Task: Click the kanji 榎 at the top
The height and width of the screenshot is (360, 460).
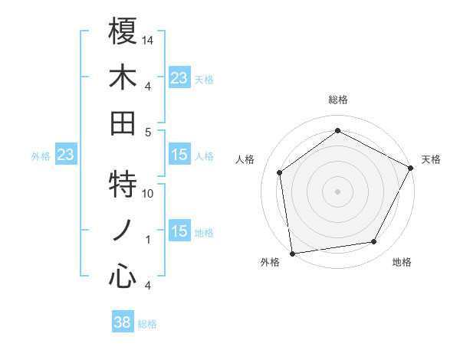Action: [x=123, y=31]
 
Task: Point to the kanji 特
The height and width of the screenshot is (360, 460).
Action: [x=123, y=184]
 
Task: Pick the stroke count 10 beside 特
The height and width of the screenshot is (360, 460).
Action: [x=149, y=194]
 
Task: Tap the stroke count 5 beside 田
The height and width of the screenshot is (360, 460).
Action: [x=149, y=132]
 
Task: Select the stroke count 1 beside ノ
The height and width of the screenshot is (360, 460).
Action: [x=148, y=240]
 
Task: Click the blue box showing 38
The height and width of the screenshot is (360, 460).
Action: [x=123, y=322]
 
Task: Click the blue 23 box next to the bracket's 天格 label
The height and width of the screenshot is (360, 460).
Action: [x=179, y=78]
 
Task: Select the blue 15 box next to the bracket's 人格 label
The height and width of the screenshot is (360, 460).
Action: [x=179, y=155]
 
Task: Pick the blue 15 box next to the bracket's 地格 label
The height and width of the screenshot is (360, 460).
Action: [x=179, y=232]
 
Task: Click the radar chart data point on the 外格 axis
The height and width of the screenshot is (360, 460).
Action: [x=292, y=252]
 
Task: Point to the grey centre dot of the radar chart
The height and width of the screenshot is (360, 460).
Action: [x=337, y=191]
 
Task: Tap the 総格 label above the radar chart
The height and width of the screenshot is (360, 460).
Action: [x=338, y=100]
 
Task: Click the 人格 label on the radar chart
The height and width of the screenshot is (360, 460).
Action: [x=245, y=159]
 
